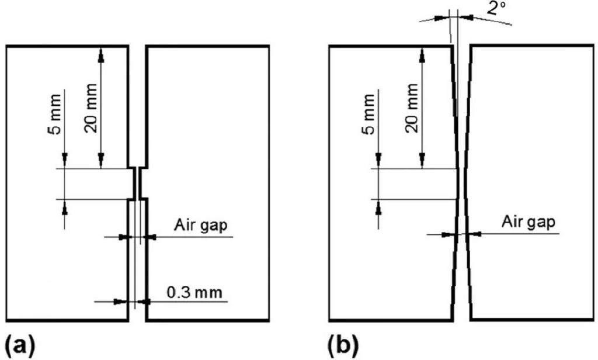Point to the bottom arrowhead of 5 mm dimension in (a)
64,204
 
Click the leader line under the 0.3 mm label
187,302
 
